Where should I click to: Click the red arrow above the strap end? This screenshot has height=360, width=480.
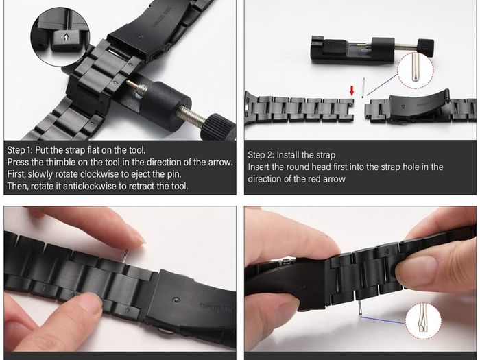click(352, 91)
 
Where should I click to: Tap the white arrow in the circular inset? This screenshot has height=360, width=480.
click(66, 37)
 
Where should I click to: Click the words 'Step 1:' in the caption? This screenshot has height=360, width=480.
click(20, 150)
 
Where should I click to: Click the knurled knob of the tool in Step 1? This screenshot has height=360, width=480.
click(217, 126)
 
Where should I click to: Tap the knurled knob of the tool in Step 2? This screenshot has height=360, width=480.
click(426, 48)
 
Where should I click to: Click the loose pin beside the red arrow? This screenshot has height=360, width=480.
click(363, 88)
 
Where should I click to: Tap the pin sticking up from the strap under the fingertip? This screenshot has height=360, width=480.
click(125, 256)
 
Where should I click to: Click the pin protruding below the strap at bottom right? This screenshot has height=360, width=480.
click(360, 308)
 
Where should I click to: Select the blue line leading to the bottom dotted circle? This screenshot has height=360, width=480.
click(383, 320)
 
